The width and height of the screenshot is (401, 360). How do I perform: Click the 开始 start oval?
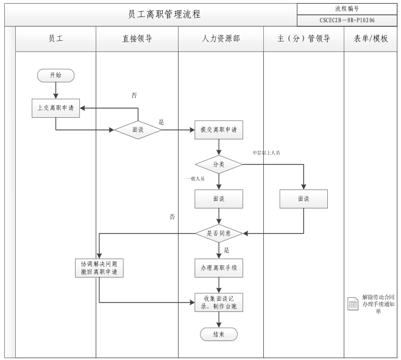(x=55, y=75)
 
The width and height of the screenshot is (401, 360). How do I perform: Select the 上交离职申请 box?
(x=55, y=107)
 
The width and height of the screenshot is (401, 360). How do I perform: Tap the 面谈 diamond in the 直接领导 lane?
(x=138, y=130)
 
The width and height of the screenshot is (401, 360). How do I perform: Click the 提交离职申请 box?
(x=219, y=130)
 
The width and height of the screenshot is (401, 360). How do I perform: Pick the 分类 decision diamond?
(x=219, y=164)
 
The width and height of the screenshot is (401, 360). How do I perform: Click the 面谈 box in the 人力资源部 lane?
(x=219, y=199)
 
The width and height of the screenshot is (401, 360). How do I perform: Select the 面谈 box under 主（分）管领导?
(x=303, y=199)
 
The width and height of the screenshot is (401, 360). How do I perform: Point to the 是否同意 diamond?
(x=219, y=233)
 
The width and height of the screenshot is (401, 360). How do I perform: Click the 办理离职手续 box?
(x=219, y=267)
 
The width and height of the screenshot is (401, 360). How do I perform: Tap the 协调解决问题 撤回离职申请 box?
(x=98, y=267)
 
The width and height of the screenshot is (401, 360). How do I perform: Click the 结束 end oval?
(x=219, y=334)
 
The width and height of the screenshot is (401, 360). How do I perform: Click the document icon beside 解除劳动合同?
(x=353, y=304)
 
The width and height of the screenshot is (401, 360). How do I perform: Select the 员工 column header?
(x=55, y=38)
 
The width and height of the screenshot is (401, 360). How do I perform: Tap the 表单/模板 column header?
(x=371, y=38)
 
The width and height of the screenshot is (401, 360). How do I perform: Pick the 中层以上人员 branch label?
(x=266, y=152)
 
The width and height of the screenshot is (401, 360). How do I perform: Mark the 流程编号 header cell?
(x=346, y=9)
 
